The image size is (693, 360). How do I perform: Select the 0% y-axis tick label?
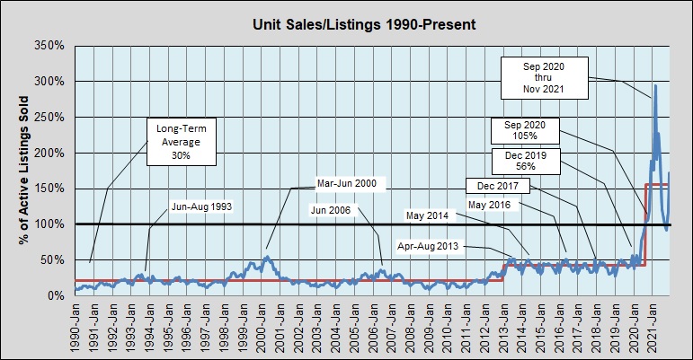click(x=56, y=295)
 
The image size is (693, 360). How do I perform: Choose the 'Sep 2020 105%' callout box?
click(x=526, y=130)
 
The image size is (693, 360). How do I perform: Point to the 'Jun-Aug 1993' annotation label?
click(x=201, y=206)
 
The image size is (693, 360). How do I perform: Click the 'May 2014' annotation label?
click(x=427, y=215)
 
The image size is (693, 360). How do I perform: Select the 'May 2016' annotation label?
click(x=491, y=206)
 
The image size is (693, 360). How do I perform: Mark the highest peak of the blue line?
click(x=655, y=85)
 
